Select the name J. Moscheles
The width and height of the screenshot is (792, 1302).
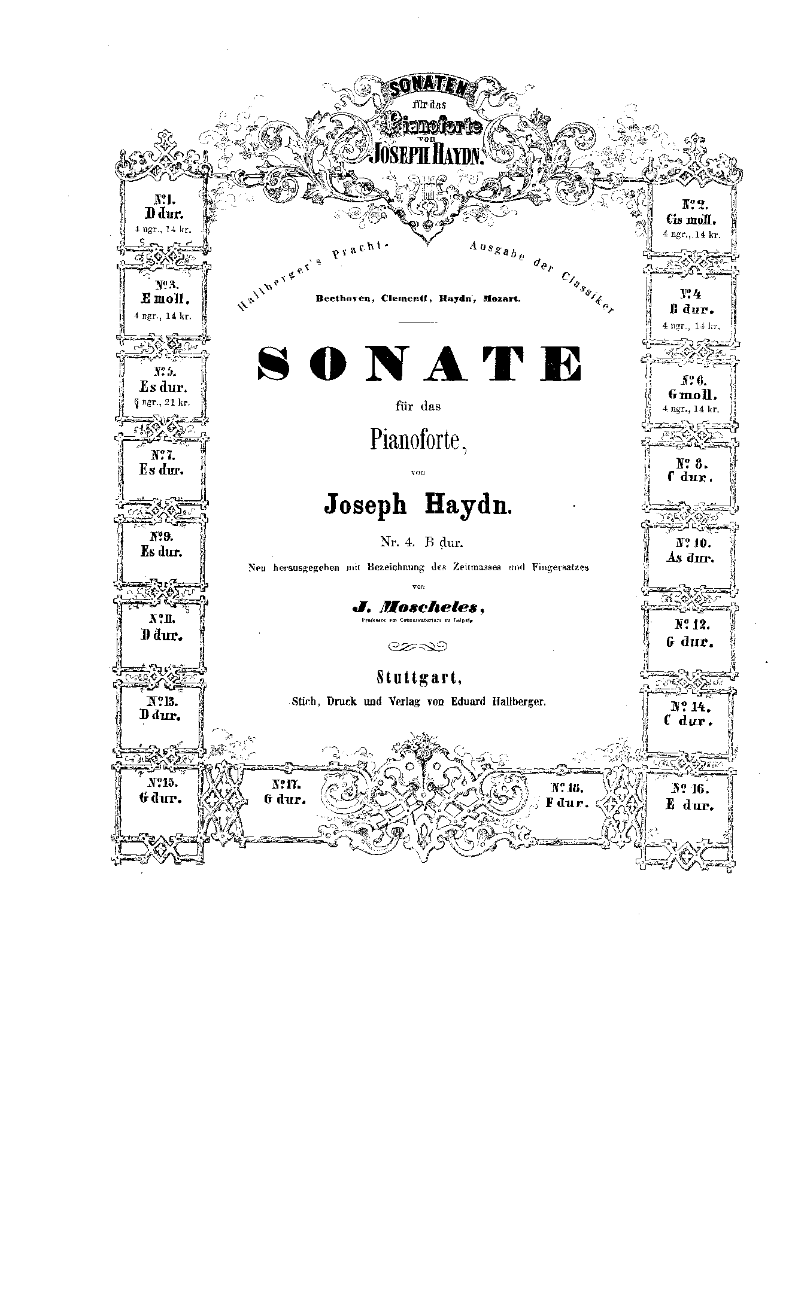[418, 607]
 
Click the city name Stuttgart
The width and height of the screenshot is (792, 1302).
[418, 678]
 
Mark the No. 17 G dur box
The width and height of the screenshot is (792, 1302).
[285, 792]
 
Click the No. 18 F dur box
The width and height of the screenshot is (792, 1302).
[566, 795]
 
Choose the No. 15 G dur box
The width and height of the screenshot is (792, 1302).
[160, 790]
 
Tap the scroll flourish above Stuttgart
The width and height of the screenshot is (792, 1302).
[418, 646]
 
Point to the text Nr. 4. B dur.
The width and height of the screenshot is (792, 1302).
[422, 543]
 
